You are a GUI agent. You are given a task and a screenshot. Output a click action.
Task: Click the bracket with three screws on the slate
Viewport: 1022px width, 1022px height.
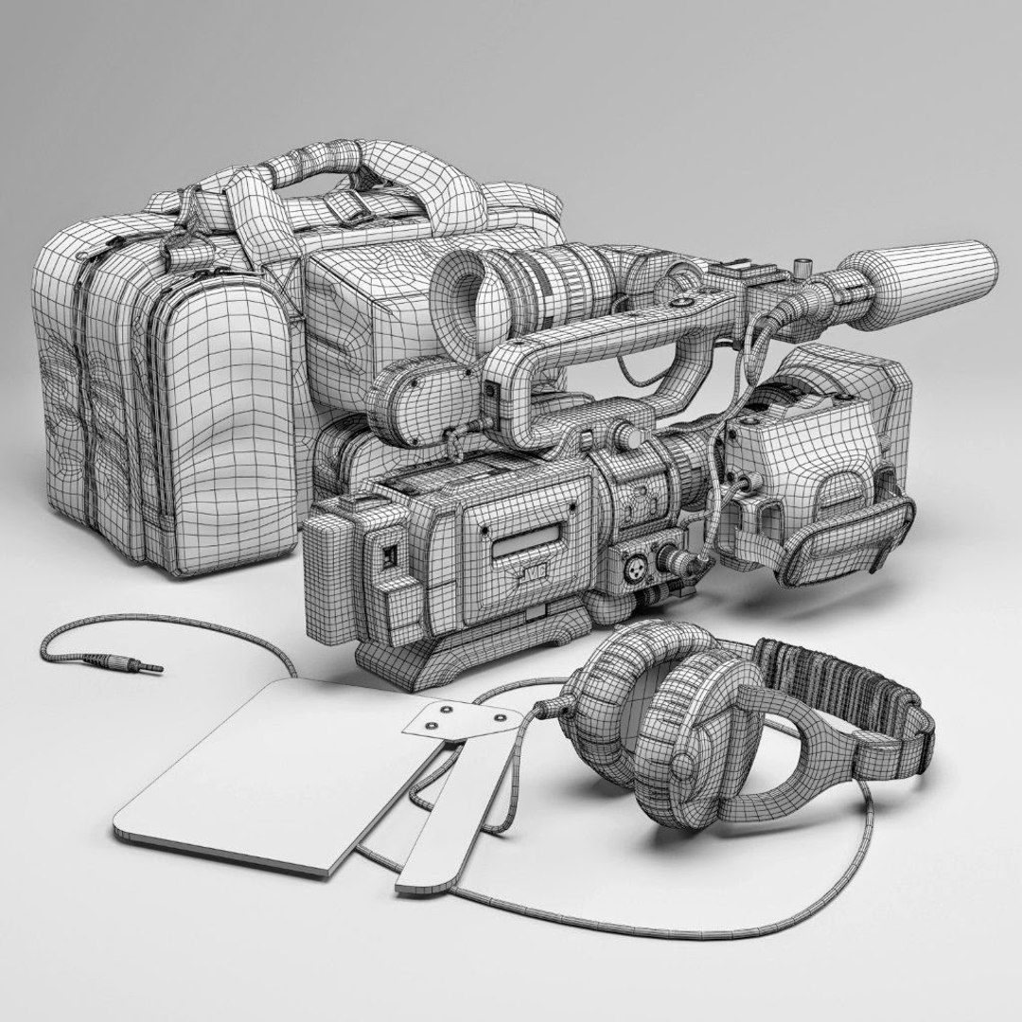[459, 717]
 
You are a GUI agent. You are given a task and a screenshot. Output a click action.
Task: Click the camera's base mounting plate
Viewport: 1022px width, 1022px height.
[473, 653]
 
